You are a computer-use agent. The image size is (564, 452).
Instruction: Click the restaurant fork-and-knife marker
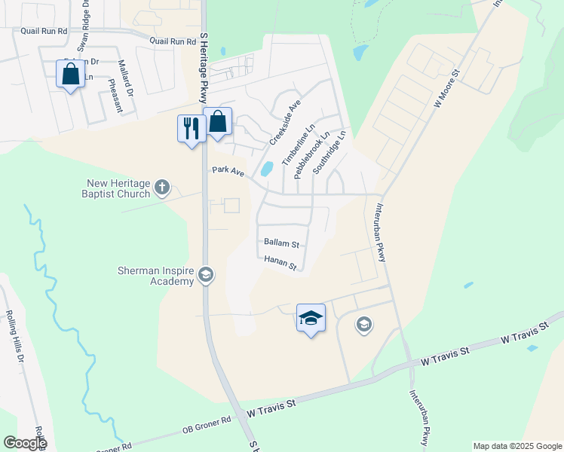pyautogui.click(x=191, y=127)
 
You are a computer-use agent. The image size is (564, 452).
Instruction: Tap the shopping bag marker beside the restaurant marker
pyautogui.click(x=217, y=121)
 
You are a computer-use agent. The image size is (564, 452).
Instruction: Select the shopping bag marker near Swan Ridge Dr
pyautogui.click(x=70, y=75)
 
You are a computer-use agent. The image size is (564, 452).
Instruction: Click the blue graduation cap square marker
pyautogui.click(x=311, y=318)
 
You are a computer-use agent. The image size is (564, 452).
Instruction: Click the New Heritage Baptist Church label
pyautogui.click(x=120, y=188)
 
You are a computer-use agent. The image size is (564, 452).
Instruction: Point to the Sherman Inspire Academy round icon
pyautogui.click(x=206, y=276)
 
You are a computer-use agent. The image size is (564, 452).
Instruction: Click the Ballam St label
pyautogui.click(x=282, y=243)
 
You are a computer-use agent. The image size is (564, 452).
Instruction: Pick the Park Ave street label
pyautogui.click(x=228, y=173)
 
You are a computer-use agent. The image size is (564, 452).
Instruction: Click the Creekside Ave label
pyautogui.click(x=285, y=121)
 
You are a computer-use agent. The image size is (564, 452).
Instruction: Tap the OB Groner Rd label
pyautogui.click(x=207, y=426)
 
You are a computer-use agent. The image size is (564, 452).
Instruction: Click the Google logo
pyautogui.click(x=25, y=443)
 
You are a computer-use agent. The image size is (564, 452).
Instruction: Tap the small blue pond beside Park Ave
pyautogui.click(x=266, y=168)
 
